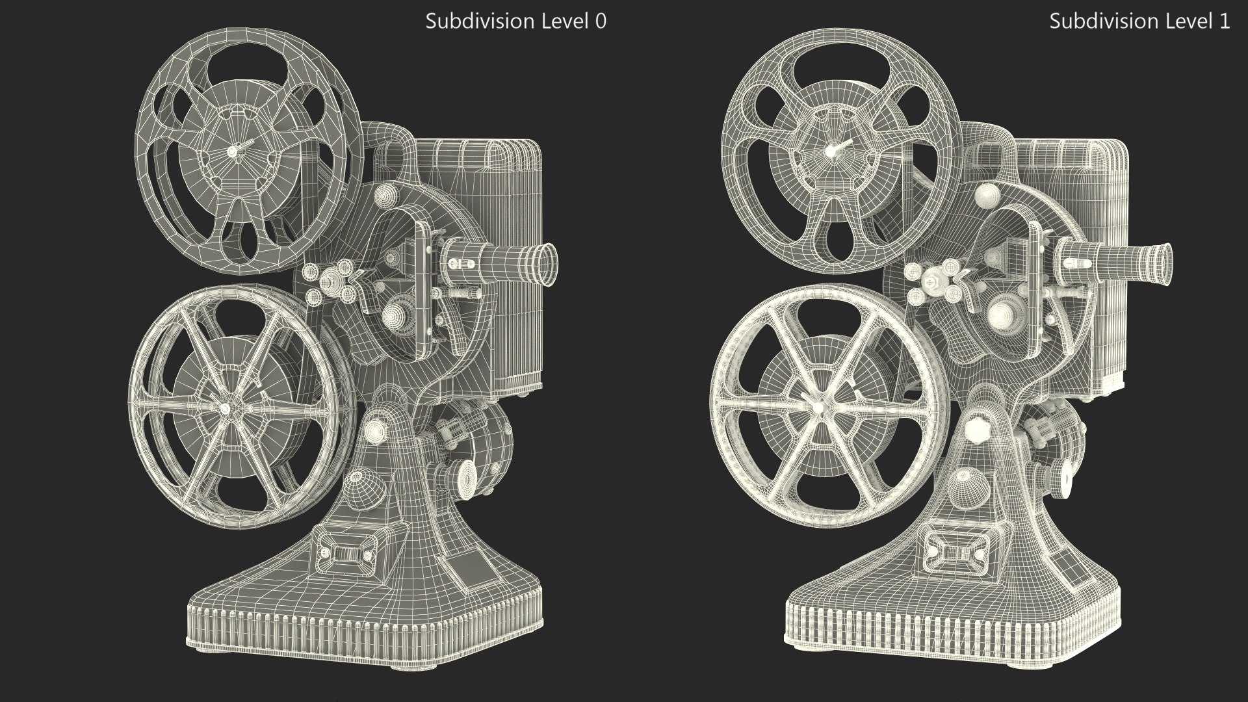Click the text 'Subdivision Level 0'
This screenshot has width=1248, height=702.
(x=515, y=21)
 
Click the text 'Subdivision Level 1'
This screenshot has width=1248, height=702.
(x=1139, y=21)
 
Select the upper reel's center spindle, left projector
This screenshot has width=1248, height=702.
(x=233, y=150)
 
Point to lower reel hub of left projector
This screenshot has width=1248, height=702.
(x=224, y=408)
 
